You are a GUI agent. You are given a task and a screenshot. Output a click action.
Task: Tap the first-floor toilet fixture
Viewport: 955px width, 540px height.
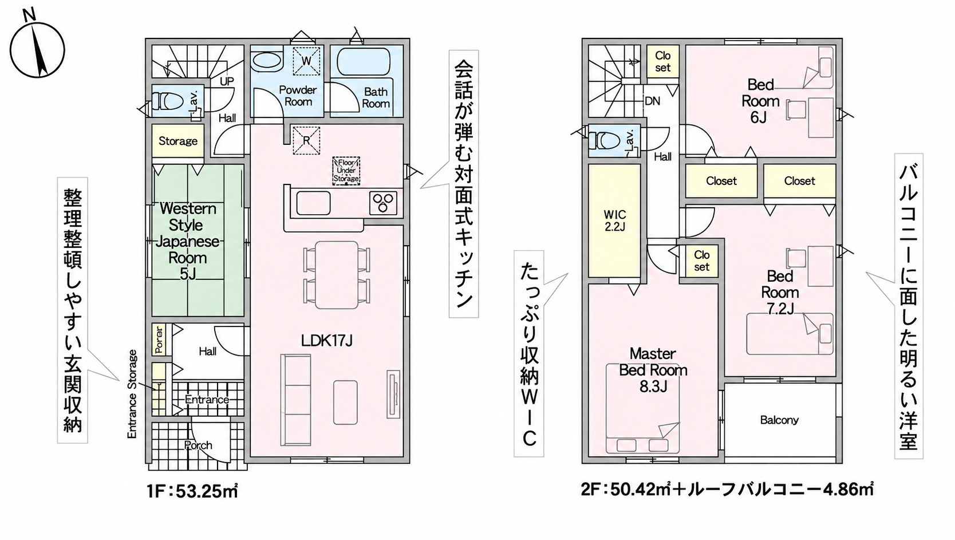tap(168, 101)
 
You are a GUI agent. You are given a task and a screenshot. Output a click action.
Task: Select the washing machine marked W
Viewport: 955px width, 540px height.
tap(306, 60)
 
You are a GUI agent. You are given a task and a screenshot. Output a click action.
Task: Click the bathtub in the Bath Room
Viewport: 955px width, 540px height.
tap(363, 62)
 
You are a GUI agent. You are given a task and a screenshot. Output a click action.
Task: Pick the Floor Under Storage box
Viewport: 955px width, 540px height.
tap(346, 171)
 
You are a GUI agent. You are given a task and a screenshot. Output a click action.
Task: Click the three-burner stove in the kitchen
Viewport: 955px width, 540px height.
tap(383, 203)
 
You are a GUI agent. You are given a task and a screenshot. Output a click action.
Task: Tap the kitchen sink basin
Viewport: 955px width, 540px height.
tap(313, 203)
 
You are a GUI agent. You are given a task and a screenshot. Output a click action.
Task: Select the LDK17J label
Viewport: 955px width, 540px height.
tap(326, 340)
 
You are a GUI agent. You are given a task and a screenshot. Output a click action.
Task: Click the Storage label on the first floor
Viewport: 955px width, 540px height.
tap(178, 141)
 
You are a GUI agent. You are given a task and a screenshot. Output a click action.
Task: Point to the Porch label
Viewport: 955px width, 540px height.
tap(198, 446)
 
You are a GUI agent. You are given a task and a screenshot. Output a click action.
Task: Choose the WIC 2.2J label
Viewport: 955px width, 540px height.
tap(614, 220)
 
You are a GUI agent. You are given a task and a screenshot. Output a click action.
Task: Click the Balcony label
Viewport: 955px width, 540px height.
tap(779, 420)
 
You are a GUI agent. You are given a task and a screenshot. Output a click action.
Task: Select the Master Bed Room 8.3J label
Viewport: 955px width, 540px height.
tap(653, 370)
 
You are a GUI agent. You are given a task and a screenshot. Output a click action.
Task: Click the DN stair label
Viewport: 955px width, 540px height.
tap(652, 101)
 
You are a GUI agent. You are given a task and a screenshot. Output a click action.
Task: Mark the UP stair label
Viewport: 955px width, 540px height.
tap(227, 81)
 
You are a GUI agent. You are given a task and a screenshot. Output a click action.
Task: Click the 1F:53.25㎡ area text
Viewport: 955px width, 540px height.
tap(192, 491)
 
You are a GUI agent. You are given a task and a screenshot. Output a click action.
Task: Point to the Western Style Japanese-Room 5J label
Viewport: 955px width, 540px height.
tap(188, 242)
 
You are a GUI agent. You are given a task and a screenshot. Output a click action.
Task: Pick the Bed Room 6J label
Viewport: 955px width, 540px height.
tap(760, 101)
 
